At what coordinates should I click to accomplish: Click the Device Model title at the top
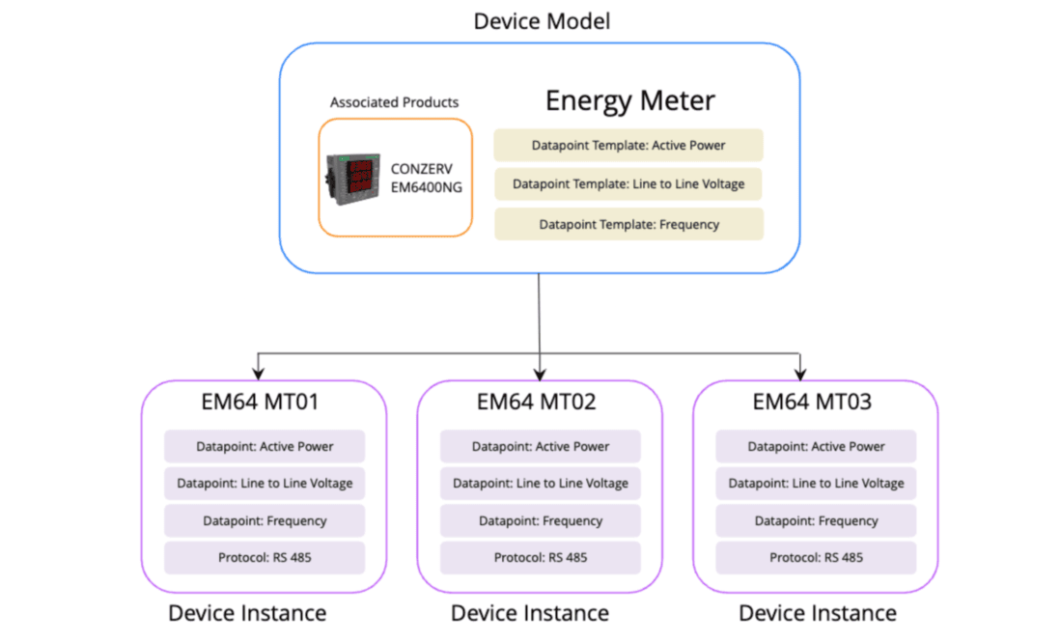[542, 20]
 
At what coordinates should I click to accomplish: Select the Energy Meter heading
[629, 100]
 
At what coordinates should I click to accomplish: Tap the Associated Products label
[394, 102]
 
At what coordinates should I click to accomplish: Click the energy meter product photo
[351, 179]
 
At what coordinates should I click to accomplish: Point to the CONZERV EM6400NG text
[426, 178]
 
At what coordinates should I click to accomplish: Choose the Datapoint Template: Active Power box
[628, 146]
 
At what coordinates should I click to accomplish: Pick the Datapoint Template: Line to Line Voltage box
[628, 183]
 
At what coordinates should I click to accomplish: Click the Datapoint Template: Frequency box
[628, 224]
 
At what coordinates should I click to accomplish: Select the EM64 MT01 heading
[264, 402]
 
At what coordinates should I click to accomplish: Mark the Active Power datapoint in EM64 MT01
[265, 446]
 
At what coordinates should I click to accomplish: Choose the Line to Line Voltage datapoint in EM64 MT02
[540, 483]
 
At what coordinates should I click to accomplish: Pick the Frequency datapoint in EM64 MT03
[816, 520]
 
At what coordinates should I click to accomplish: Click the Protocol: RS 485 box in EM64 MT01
[265, 557]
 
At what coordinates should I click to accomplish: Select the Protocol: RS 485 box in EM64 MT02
[540, 557]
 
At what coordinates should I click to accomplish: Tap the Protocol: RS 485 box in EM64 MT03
[816, 557]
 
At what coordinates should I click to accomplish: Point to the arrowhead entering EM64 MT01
[258, 374]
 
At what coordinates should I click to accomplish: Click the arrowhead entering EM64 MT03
[800, 374]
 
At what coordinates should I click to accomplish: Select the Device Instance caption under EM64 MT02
[530, 613]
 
